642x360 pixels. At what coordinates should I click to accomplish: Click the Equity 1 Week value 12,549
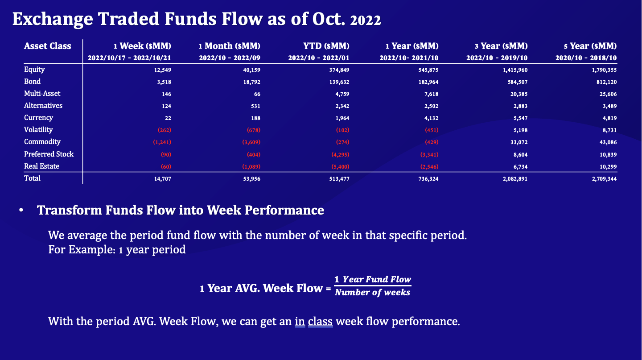pos(163,70)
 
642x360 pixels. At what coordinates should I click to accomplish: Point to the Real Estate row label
pos(41,166)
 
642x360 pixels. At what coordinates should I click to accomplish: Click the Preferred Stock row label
pos(49,154)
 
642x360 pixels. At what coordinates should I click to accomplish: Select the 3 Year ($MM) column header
pos(501,46)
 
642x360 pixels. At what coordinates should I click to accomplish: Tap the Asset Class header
pos(47,46)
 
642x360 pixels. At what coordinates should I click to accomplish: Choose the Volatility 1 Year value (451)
pos(431,130)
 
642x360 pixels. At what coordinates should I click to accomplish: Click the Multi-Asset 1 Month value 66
pos(257,94)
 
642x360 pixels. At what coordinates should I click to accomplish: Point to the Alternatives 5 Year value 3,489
pos(609,106)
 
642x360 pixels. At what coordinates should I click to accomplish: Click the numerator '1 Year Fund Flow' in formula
pos(373,280)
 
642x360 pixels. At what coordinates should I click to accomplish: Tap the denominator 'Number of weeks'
pos(372,293)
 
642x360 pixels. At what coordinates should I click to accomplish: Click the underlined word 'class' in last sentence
pos(320,321)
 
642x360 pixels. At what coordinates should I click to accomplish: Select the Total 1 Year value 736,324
pos(428,179)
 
